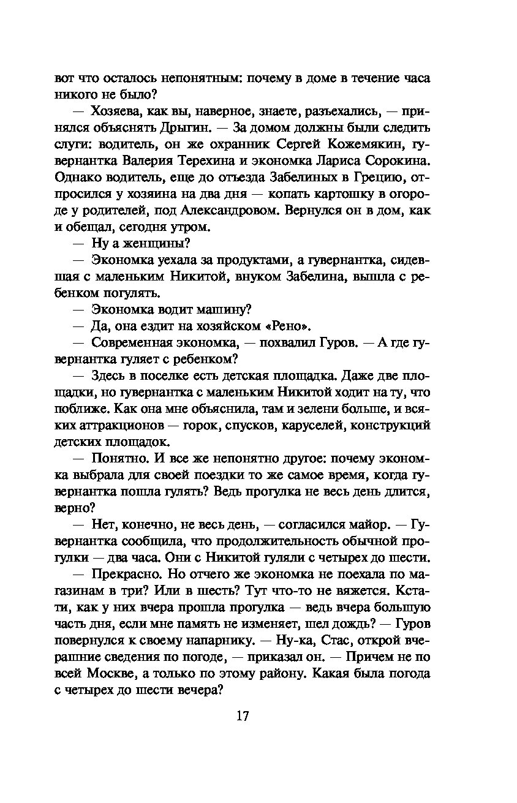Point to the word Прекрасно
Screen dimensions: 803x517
coord(122,574)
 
